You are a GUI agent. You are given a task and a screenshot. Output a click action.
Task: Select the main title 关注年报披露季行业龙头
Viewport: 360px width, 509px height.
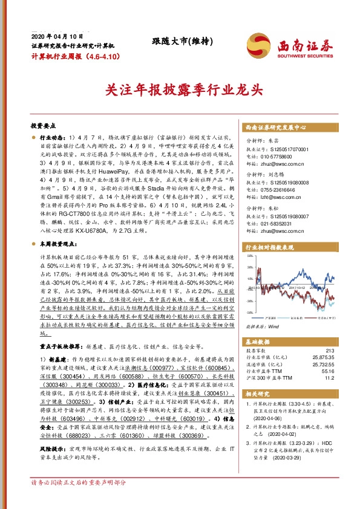point(180,90)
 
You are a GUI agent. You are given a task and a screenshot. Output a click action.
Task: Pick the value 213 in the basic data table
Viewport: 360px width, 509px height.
point(329,351)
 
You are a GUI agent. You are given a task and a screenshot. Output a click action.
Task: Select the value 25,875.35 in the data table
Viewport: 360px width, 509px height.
point(322,358)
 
